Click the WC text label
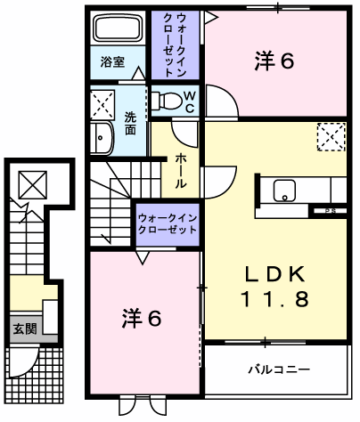(190, 101)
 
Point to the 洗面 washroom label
(130, 123)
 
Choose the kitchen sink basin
(286, 189)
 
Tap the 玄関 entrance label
(23, 329)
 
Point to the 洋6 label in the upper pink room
(274, 61)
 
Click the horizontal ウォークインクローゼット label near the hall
(167, 223)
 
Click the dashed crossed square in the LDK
(330, 137)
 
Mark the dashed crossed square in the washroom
(102, 102)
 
